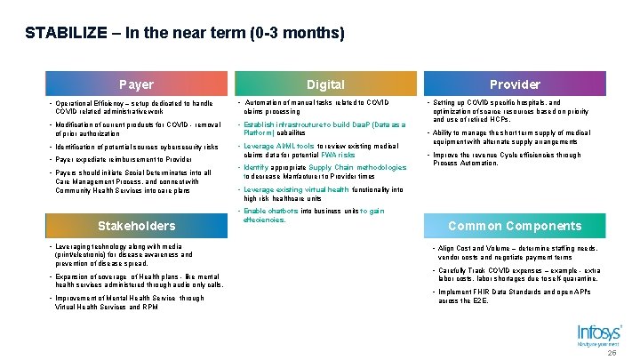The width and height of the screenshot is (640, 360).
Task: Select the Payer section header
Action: coord(136,84)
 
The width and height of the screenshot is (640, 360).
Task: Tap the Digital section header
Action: coord(325,84)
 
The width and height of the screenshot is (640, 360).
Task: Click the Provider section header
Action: coord(515,84)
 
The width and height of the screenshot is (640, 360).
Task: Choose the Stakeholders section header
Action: coord(136,226)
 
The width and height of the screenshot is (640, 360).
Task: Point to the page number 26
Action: coord(611,353)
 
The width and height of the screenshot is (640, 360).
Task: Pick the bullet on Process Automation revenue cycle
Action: coord(507,159)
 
